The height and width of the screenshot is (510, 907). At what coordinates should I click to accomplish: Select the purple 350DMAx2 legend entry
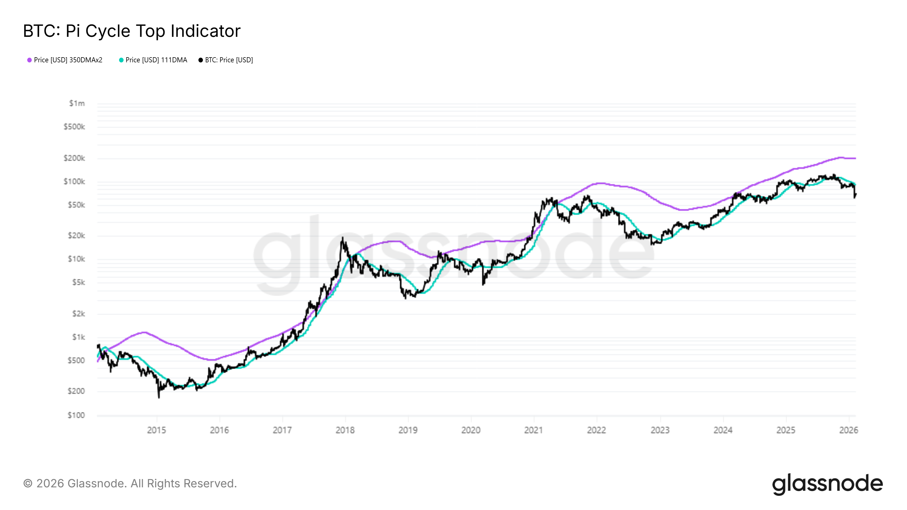click(65, 60)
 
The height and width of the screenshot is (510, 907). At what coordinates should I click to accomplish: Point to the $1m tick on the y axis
click(77, 103)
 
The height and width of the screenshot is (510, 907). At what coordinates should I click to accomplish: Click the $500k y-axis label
click(74, 127)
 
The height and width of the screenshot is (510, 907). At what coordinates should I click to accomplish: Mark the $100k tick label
click(74, 182)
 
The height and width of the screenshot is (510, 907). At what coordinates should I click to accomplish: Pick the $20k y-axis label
click(77, 235)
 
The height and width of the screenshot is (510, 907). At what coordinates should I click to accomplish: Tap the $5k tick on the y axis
click(79, 282)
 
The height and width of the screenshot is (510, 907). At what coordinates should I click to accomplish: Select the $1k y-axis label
click(79, 337)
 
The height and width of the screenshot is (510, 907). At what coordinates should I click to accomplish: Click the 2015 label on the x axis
click(156, 430)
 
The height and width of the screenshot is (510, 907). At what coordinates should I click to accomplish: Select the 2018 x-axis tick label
click(345, 430)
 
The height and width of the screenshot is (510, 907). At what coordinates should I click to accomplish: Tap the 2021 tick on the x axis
click(533, 430)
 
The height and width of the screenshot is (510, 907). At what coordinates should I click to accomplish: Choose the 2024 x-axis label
click(723, 430)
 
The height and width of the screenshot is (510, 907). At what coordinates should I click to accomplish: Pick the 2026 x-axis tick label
click(849, 430)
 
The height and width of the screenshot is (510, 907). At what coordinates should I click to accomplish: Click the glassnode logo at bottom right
click(827, 484)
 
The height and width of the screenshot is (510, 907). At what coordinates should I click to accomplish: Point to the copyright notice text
click(130, 484)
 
